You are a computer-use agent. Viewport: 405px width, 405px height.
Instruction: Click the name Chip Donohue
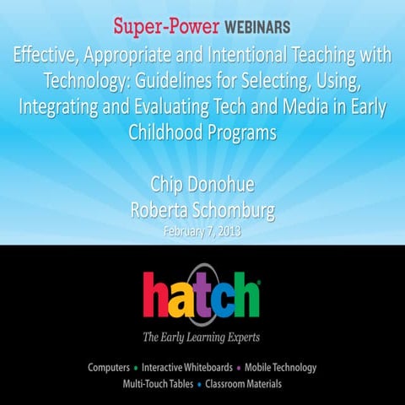pyautogui.click(x=202, y=186)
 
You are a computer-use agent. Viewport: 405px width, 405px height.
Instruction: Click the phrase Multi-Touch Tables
pyautogui.click(x=158, y=384)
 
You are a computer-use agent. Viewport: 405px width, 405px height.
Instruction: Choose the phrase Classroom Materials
pyautogui.click(x=245, y=384)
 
